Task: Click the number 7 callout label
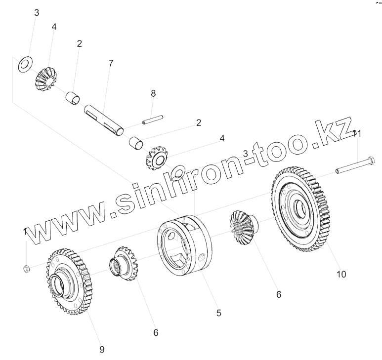coord(111,63)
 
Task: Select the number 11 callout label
coord(357,133)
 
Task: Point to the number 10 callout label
coord(341,274)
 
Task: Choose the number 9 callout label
coord(102,349)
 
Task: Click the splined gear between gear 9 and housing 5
coord(123,264)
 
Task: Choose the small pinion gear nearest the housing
coord(157,158)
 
